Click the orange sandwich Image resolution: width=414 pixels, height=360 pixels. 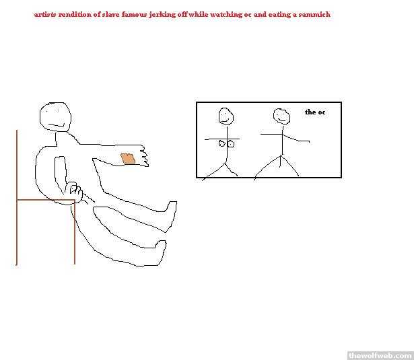(128, 158)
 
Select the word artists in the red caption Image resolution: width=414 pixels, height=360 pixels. (45, 14)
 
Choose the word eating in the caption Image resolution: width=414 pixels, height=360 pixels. (279, 15)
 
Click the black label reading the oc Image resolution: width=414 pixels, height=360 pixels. (315, 112)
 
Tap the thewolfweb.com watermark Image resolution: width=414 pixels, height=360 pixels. (380, 355)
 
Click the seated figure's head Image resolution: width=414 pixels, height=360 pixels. (55, 116)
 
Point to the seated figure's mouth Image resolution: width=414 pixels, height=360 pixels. (57, 124)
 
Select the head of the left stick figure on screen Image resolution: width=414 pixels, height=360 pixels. (226, 116)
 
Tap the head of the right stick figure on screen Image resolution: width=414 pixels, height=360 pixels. (281, 116)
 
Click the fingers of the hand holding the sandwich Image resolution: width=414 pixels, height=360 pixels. (144, 157)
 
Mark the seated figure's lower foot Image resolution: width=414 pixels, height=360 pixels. (160, 253)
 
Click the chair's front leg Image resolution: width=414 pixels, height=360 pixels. (75, 232)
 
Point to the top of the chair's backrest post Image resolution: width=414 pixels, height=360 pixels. (17, 130)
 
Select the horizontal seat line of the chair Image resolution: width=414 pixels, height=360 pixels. (46, 200)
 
